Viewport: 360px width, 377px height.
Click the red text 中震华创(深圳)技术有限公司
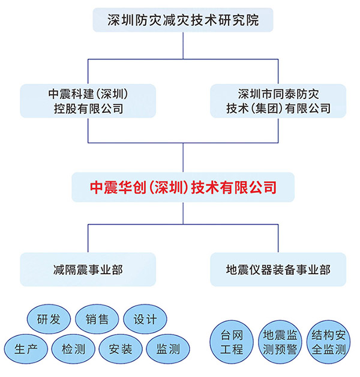(x=183, y=187)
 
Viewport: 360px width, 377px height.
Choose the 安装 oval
(x=121, y=349)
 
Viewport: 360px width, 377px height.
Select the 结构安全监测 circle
(x=327, y=342)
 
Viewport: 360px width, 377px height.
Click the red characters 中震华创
(x=115, y=187)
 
